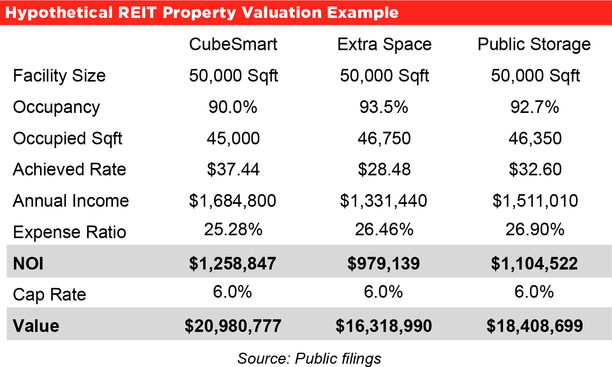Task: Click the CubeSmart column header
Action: coord(233,44)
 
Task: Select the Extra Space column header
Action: coord(384,44)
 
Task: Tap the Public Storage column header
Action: coord(534,44)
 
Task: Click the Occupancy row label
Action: coord(56,107)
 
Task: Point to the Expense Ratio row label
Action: coord(69,232)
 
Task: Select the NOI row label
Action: coord(28,263)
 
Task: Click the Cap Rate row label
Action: coord(49,294)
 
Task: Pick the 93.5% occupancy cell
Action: coord(384,107)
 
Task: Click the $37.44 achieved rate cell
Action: coord(233,169)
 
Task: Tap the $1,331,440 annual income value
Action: coord(384,201)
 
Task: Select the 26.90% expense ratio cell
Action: coord(535,230)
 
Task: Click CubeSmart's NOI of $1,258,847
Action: coord(233,263)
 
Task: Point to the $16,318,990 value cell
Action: coord(384,326)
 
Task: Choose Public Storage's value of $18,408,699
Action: coord(534,326)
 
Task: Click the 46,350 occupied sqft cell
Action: coord(535,139)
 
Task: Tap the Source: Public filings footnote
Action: coord(309,358)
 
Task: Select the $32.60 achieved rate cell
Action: coord(535,169)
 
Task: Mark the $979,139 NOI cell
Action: coord(384,263)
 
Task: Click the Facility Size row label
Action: coord(59,76)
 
